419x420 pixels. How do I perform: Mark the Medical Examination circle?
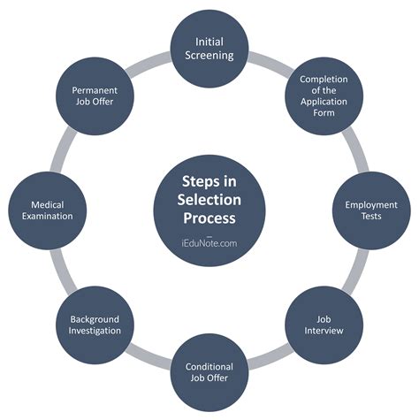pos(47,210)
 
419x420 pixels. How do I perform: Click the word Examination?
pos(47,217)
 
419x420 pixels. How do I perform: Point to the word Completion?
pos(329,80)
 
